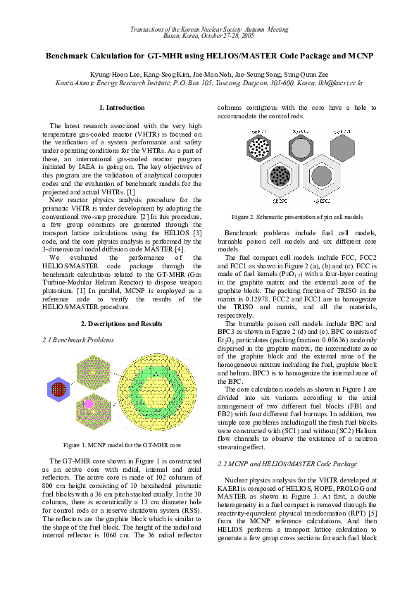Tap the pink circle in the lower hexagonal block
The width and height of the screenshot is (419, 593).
[x=89, y=404]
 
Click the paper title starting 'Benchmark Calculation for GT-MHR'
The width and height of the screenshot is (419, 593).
[x=209, y=55]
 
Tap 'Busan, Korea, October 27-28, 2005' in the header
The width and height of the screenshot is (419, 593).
[x=209, y=35]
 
